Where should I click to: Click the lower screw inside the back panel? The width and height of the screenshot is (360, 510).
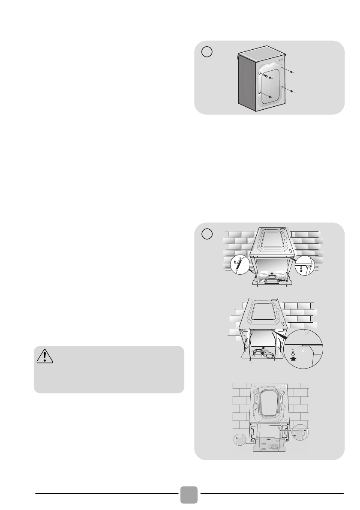tap(270, 97)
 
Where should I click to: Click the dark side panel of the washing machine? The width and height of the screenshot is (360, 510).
tap(244, 86)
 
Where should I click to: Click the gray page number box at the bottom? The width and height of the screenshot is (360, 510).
tap(189, 495)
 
